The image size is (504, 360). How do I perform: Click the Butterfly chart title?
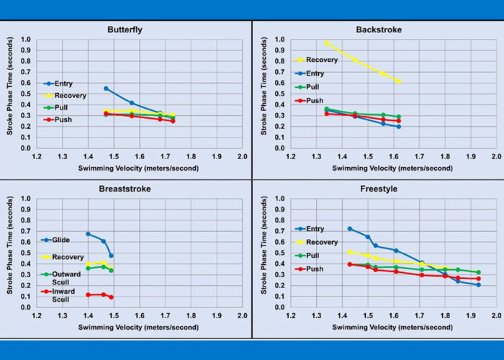click(x=129, y=30)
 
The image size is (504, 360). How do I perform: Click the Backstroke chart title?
click(x=379, y=30)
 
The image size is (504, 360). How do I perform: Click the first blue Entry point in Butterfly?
click(x=106, y=89)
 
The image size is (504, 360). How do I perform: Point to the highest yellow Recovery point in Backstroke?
click(x=327, y=42)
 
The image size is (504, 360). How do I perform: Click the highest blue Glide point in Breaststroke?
click(x=88, y=233)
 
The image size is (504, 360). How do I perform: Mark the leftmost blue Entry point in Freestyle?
click(x=350, y=228)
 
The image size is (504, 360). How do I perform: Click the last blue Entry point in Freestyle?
click(x=478, y=284)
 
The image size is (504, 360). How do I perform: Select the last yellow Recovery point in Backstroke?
click(x=399, y=81)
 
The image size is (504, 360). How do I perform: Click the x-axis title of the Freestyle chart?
click(x=393, y=329)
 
